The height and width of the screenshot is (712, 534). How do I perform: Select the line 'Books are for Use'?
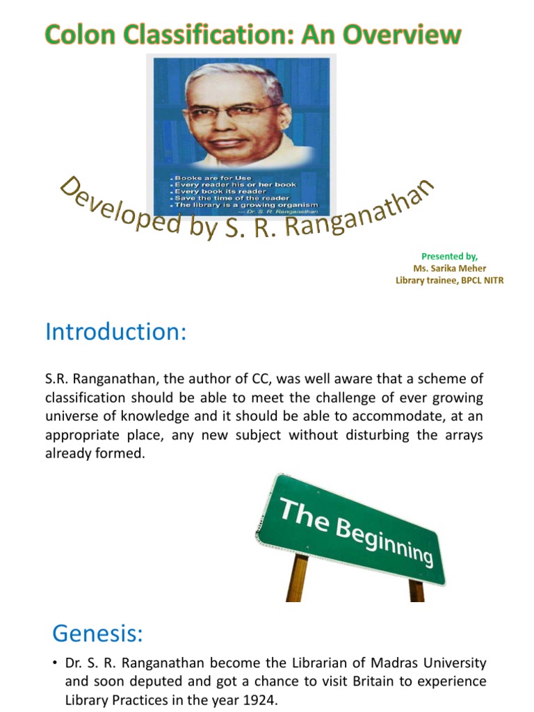(212, 178)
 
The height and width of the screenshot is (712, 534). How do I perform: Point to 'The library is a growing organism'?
(246, 205)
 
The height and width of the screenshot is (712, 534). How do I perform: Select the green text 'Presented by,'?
(449, 257)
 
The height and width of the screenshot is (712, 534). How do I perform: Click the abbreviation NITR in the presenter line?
(491, 280)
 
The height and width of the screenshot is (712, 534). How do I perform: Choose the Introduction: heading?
(116, 332)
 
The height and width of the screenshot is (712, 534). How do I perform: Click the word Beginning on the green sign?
(386, 540)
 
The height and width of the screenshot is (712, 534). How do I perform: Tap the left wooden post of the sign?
(298, 576)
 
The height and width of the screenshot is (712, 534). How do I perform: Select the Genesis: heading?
(97, 633)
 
